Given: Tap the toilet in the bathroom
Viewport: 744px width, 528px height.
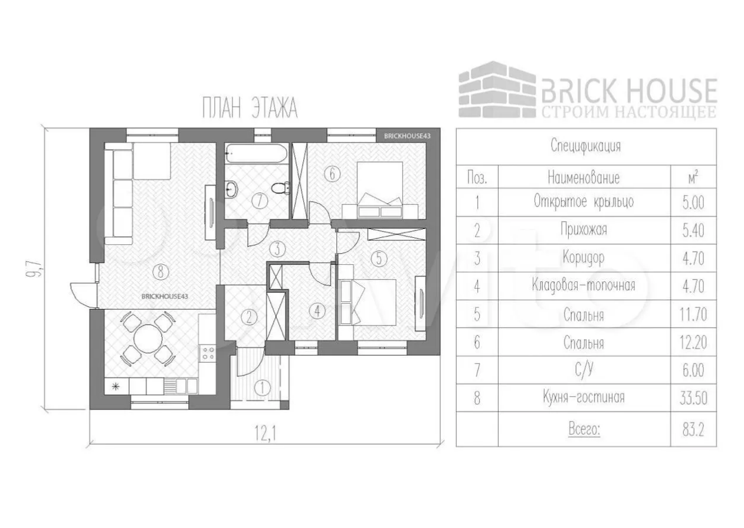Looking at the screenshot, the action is [x=281, y=189].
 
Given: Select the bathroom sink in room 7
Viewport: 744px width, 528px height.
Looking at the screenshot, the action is [x=231, y=189].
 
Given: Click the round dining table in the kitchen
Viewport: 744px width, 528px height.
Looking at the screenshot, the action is [x=148, y=339].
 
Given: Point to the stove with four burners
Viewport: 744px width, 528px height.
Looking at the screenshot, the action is [x=208, y=353].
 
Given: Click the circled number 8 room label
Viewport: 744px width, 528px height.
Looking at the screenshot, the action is [x=160, y=273].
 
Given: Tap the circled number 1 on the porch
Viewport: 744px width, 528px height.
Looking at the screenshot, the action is [x=263, y=388].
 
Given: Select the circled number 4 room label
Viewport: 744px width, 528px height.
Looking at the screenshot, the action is [x=317, y=311].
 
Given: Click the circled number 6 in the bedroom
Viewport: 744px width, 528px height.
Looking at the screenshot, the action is [x=332, y=173].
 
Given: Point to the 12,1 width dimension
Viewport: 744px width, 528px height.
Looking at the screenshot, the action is [x=266, y=434].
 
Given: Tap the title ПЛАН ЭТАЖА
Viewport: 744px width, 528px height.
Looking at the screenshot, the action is [x=250, y=108].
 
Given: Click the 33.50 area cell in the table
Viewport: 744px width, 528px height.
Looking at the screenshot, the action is [x=693, y=398].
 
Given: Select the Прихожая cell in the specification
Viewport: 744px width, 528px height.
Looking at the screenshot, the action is [x=584, y=230].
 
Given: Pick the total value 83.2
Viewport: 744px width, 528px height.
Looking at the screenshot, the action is [x=693, y=430].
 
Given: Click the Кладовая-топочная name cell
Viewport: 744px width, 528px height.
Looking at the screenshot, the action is [x=584, y=286].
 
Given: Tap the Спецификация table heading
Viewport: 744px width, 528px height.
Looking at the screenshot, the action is [x=585, y=146].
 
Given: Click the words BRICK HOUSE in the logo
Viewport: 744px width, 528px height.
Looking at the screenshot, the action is [x=629, y=90].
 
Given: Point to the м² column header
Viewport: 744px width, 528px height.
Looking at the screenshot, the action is [x=693, y=177].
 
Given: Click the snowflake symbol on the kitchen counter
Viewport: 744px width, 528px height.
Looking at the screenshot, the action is [x=116, y=386].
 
